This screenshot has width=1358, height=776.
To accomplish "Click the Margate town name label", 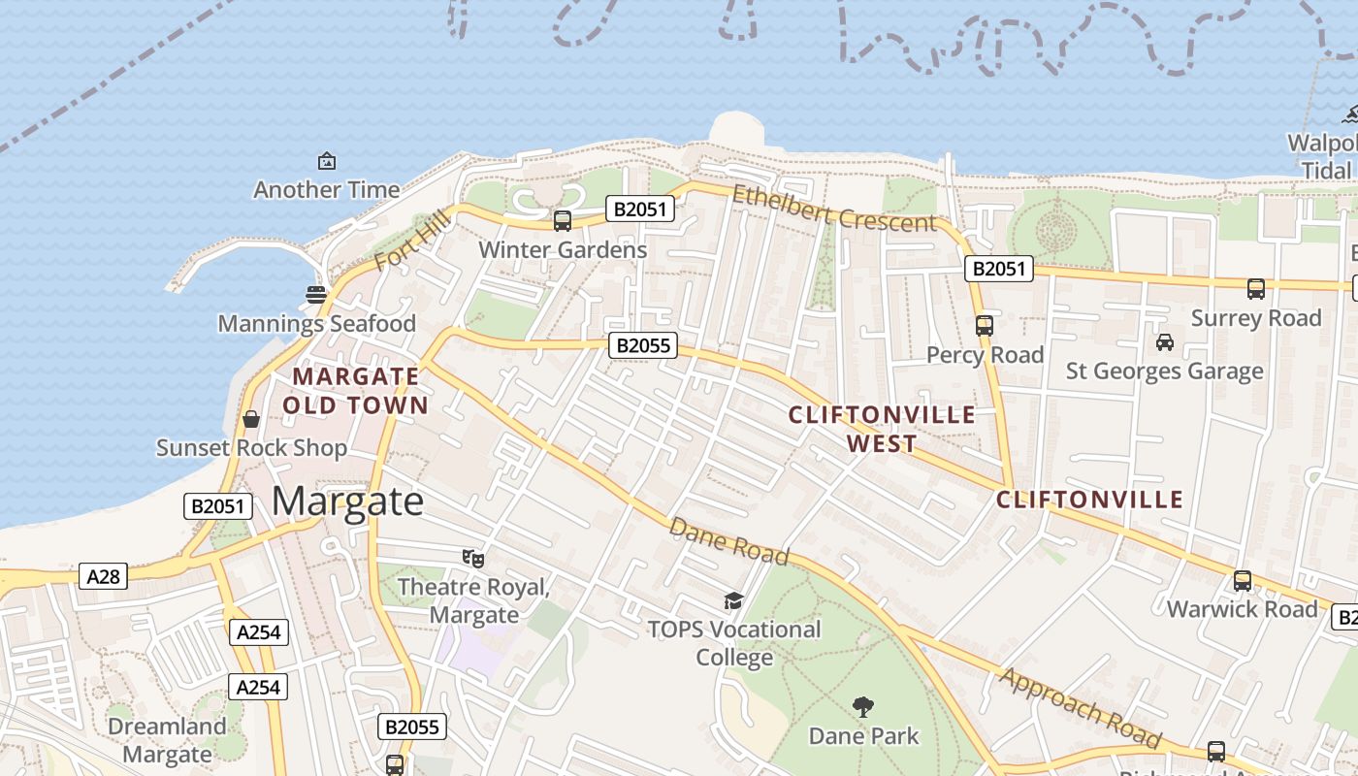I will tap(347, 501).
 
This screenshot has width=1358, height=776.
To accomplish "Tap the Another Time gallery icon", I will tap(327, 161).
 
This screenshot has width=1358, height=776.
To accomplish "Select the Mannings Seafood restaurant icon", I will tap(315, 294).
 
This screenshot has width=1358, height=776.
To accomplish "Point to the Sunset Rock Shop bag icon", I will tap(251, 419).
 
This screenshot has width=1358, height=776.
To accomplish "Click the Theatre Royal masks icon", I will tap(473, 558).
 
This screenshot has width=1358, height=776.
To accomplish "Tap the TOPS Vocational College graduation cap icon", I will tap(733, 601).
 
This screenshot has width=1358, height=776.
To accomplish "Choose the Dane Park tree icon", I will tap(862, 707).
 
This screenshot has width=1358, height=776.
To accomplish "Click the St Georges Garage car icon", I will tap(1164, 342).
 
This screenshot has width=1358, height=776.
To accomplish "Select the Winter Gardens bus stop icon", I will tap(563, 221).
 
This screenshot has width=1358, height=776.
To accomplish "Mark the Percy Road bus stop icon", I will tap(985, 326).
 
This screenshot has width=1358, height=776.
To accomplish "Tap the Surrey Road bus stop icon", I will tap(1256, 289).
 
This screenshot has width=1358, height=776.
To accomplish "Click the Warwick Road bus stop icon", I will tap(1243, 581).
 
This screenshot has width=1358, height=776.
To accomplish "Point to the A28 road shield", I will tap(103, 577).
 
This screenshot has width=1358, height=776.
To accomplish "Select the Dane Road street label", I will tap(729, 541).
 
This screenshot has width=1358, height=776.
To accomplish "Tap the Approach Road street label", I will tap(1080, 707).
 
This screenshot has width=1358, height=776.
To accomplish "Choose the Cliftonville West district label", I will tap(882, 429).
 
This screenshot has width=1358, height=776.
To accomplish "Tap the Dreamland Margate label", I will tap(167, 740).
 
